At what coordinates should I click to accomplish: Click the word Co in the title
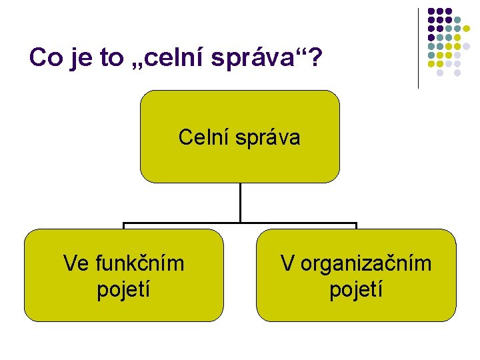tap(44, 58)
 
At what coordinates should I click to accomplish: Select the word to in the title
tap(107, 58)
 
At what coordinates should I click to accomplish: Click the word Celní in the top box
tap(201, 138)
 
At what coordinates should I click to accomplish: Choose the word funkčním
tap(139, 264)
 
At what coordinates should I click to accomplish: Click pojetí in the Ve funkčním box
tap(123, 290)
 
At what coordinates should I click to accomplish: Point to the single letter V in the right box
tap(287, 264)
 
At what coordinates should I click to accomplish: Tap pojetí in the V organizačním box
tap(357, 290)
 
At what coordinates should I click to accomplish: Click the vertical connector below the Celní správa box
tap(240, 201)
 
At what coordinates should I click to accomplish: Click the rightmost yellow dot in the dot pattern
tap(467, 29)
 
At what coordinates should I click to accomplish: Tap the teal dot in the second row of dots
tap(458, 20)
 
